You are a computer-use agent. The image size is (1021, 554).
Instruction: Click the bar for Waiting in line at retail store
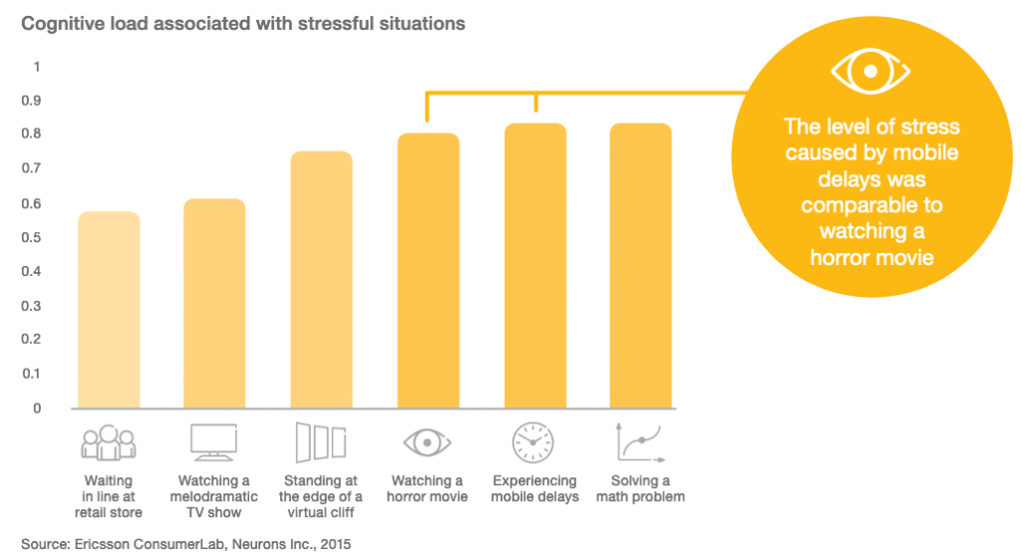109,310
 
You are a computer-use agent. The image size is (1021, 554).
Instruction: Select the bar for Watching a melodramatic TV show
214,304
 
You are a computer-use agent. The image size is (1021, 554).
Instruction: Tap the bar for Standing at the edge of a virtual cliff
321,280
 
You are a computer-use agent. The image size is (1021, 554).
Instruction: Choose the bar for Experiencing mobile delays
534,266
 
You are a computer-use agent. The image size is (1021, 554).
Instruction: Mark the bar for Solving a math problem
640,266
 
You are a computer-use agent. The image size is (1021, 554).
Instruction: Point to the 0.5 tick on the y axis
38,237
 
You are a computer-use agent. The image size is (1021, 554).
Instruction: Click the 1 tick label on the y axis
38,67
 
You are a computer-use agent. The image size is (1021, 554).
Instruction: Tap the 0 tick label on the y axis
38,408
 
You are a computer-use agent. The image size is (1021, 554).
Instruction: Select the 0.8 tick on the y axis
38,135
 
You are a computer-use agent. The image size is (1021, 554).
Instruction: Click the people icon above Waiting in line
108,442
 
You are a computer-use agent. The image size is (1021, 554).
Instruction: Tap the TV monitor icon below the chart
213,442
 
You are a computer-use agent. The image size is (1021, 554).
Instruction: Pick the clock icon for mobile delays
533,442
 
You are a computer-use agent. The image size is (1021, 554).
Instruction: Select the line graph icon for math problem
640,442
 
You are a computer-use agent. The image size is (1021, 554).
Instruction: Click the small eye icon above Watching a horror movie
427,442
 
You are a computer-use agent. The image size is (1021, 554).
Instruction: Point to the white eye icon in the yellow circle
870,73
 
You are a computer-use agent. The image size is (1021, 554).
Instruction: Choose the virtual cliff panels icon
321,442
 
